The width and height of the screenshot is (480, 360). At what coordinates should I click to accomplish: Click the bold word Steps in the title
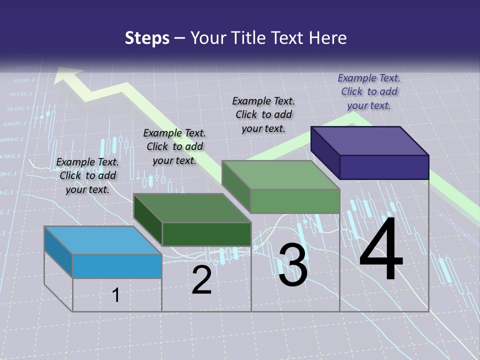point(147,38)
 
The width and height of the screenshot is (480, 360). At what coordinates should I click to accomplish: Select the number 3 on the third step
point(292,265)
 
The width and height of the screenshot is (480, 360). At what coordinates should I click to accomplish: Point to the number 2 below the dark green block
point(201,280)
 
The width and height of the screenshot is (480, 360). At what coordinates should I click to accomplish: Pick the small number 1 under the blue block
point(116,295)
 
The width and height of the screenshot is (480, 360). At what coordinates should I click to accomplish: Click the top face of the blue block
point(102,240)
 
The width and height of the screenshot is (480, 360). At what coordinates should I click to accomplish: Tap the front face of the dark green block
point(206,234)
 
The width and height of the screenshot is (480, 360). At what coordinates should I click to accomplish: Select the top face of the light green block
point(280,175)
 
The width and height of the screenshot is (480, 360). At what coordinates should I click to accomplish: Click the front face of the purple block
point(384,166)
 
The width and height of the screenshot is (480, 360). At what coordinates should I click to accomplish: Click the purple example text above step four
point(369,91)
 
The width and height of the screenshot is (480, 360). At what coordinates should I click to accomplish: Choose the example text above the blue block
point(87,175)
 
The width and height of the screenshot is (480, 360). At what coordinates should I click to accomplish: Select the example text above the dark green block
point(174,146)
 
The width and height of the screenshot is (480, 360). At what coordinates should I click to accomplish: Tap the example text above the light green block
point(263,114)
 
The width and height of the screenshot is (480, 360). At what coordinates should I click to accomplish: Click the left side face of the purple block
point(325,152)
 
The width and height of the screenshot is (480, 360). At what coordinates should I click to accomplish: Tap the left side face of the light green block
point(236,186)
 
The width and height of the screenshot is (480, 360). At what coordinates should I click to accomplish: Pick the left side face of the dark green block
point(147,219)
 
